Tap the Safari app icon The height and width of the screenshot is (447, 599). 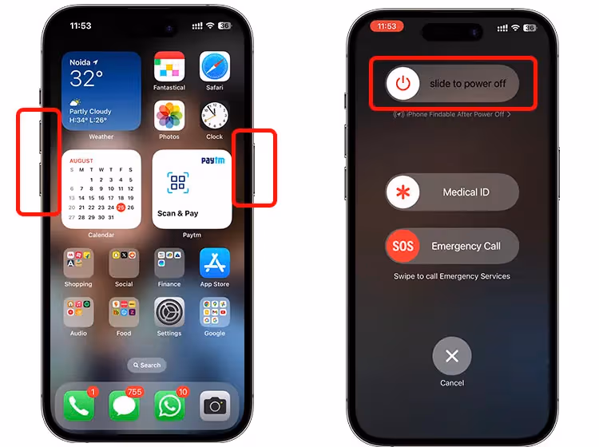[x=215, y=67]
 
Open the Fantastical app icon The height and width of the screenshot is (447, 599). [x=169, y=67]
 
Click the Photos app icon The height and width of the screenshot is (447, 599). [x=169, y=116]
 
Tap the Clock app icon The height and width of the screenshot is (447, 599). [x=215, y=116]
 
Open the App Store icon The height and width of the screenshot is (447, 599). [x=215, y=263]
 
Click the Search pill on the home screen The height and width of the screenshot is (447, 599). [x=147, y=365]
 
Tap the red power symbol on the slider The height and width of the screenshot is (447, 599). [x=404, y=83]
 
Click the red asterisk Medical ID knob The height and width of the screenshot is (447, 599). [x=403, y=192]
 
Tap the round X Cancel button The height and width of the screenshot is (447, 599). [x=452, y=356]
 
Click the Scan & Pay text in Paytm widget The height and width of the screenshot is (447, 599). [x=178, y=213]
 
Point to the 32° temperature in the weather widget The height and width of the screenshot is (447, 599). [x=87, y=78]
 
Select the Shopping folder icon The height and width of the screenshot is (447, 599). [x=78, y=263]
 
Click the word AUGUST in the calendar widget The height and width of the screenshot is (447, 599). [x=81, y=160]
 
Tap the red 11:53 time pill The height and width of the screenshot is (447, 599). [x=387, y=26]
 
